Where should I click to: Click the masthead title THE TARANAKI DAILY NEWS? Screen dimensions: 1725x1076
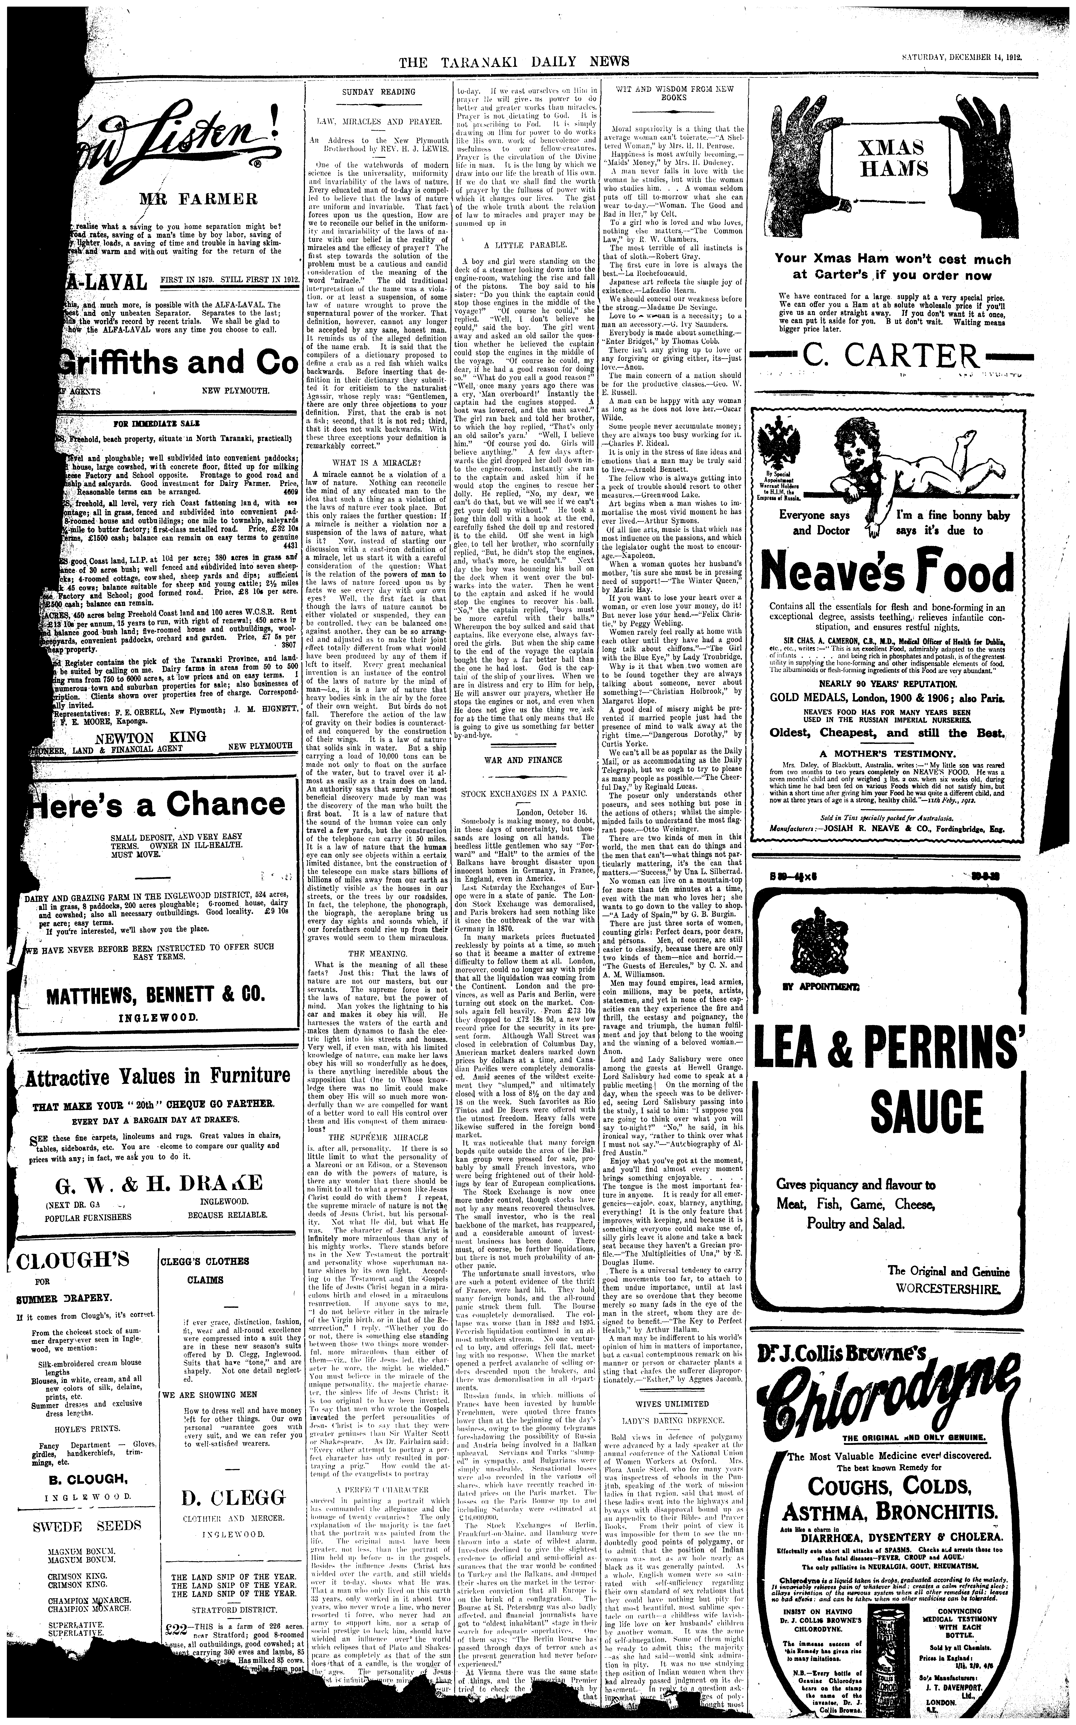coord(514,62)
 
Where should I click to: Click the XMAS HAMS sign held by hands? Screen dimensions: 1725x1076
coord(892,158)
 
